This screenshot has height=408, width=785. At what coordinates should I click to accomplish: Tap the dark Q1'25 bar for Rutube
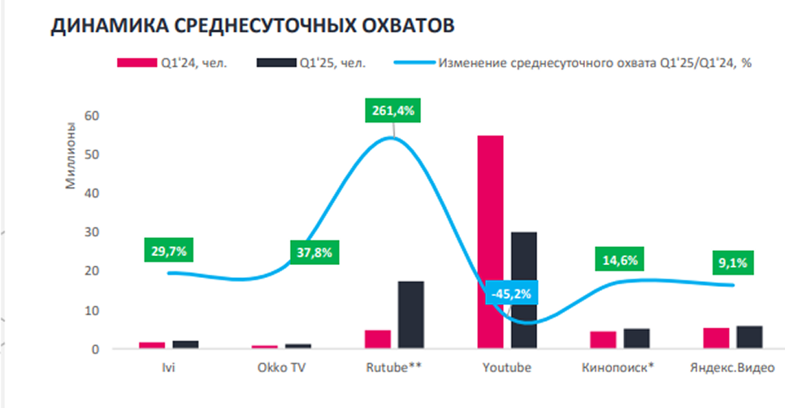click(410, 315)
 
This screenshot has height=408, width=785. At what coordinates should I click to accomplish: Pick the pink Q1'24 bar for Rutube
click(378, 340)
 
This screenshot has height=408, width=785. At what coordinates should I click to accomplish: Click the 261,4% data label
click(393, 111)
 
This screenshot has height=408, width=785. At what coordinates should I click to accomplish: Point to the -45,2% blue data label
click(510, 293)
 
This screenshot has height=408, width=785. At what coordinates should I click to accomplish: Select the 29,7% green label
click(169, 251)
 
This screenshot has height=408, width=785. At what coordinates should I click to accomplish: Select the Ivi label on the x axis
click(168, 367)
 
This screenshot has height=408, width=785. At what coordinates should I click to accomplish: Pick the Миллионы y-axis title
click(71, 155)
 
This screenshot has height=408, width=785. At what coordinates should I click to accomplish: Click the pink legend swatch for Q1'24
click(135, 63)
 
